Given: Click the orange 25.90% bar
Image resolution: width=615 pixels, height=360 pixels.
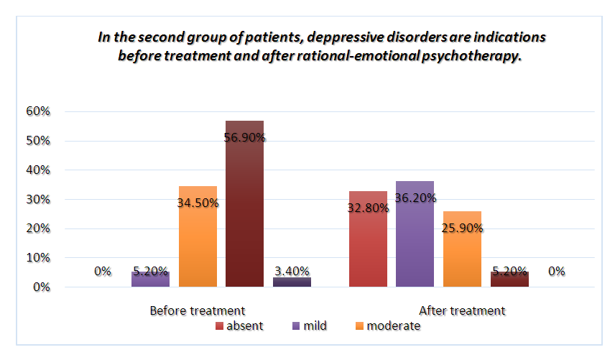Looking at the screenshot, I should (x=462, y=251).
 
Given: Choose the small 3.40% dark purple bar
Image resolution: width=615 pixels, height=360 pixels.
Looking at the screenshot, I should (x=292, y=282).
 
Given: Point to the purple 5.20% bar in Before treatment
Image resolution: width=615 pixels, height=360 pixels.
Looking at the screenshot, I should (x=150, y=280).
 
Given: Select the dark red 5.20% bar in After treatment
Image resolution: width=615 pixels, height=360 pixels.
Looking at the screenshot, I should (x=509, y=279).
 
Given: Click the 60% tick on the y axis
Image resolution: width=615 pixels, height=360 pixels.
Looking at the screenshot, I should (x=37, y=112).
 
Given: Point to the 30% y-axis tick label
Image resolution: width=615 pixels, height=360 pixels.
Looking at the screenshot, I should (x=37, y=200).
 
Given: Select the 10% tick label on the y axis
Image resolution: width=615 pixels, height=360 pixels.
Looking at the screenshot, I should (x=37, y=258).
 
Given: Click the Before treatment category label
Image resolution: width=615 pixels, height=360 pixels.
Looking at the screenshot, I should (x=198, y=311).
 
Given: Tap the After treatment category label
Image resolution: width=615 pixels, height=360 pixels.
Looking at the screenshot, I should (x=462, y=311).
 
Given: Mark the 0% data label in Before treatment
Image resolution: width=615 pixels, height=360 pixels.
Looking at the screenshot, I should (x=102, y=272).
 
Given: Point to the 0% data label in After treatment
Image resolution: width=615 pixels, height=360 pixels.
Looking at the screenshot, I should (x=556, y=272).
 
